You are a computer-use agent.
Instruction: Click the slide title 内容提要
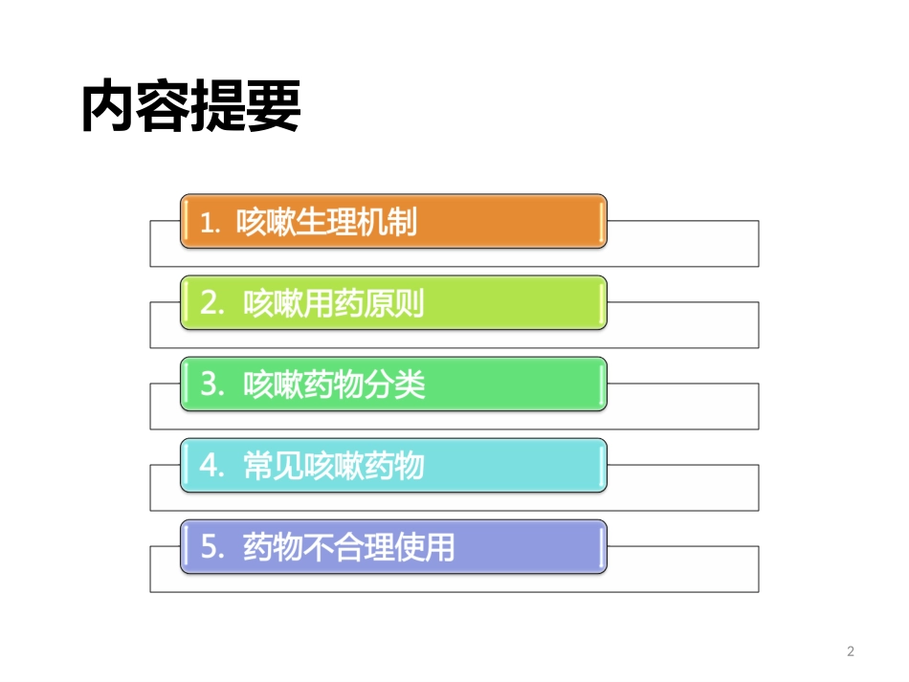click(x=191, y=107)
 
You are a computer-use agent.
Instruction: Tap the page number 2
click(x=851, y=652)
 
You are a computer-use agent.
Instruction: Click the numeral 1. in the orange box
click(x=211, y=223)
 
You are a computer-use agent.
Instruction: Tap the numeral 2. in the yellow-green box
click(x=212, y=304)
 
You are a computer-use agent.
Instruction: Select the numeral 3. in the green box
click(x=212, y=385)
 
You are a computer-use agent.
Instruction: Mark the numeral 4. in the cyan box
click(x=212, y=467)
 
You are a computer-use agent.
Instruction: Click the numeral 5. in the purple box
click(x=212, y=548)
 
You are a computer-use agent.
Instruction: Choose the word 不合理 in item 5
click(x=348, y=547)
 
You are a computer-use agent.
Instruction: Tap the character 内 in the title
click(x=108, y=107)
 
